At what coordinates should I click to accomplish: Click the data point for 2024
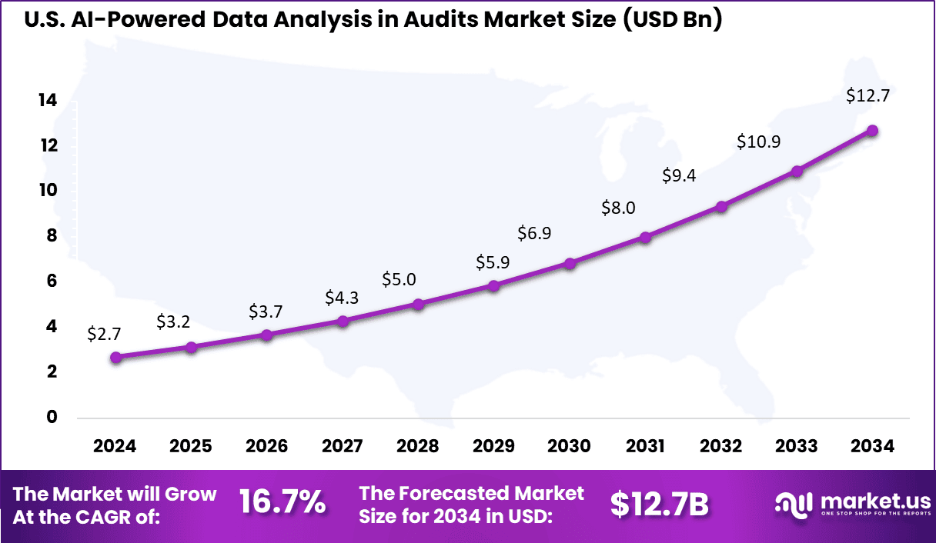(x=115, y=357)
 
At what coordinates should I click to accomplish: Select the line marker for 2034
(x=872, y=131)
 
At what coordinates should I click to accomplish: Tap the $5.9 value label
(x=493, y=262)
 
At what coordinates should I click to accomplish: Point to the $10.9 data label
(x=758, y=142)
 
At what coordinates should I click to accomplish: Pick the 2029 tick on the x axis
(x=493, y=446)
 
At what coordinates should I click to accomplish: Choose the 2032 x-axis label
(x=721, y=446)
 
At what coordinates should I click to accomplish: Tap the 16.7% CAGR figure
(x=282, y=504)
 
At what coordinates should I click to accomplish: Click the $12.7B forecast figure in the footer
(x=659, y=504)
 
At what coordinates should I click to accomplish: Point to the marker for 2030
(x=570, y=263)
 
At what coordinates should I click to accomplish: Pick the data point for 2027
(x=343, y=321)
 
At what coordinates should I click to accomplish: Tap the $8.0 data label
(x=619, y=207)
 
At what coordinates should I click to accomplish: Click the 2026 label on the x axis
(x=266, y=446)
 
